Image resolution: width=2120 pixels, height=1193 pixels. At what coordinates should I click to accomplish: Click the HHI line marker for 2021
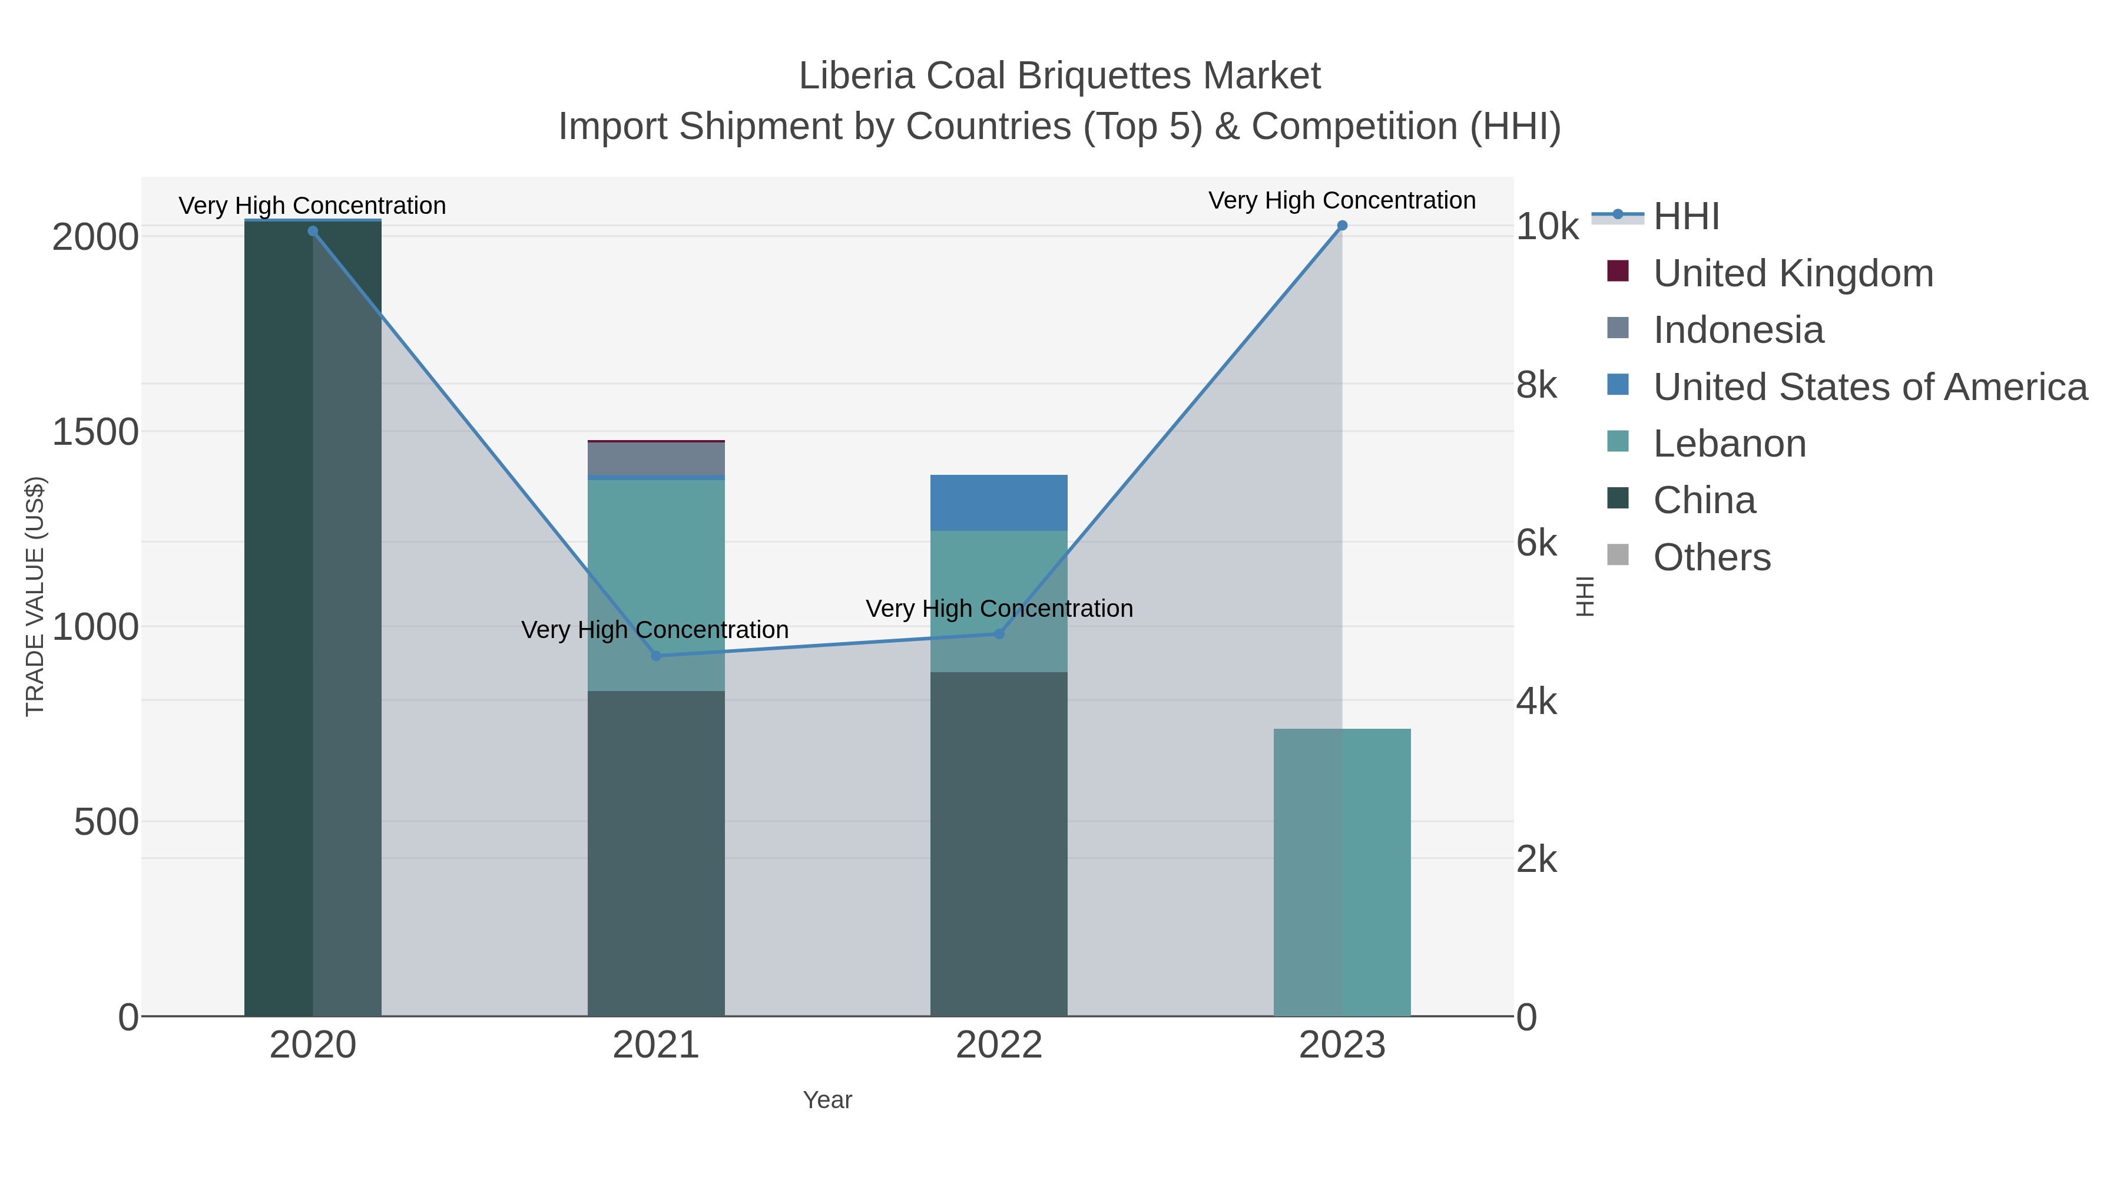656,655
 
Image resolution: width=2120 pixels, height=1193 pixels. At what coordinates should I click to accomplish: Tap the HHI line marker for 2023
1342,226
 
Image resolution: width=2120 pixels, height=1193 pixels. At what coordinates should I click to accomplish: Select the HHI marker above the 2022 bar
999,634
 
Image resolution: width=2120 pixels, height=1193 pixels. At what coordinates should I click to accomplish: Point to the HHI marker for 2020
313,232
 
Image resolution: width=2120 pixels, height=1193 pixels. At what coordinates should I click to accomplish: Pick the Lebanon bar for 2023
1342,873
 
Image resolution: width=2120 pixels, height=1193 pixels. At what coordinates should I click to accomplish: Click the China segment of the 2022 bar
999,844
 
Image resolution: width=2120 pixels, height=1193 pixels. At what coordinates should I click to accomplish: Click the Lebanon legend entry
1729,444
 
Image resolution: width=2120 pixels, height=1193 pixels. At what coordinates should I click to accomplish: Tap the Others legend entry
1712,557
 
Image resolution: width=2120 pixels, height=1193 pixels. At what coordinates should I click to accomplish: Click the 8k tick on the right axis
1536,385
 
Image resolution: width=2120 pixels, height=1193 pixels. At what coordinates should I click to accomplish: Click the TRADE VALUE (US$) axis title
35,596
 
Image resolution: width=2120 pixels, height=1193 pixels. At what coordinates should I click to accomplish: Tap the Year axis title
827,1100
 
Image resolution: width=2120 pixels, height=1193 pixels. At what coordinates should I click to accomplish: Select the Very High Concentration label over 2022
999,609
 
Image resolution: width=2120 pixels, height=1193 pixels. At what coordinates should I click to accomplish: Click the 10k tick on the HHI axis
1546,227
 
